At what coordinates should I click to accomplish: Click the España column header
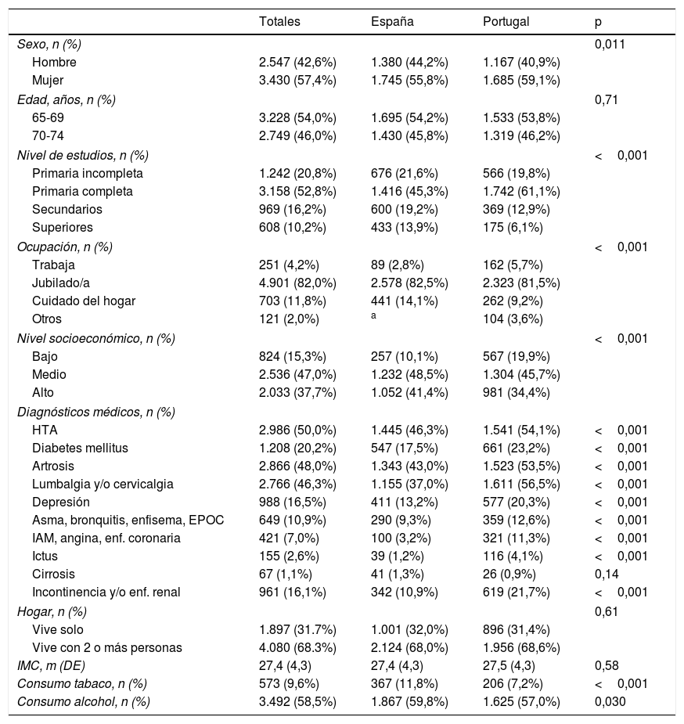392,22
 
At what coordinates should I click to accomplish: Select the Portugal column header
506,22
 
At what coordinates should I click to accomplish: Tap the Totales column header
279,22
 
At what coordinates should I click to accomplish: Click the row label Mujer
47,80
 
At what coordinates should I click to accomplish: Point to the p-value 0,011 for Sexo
610,44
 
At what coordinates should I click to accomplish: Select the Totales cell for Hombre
297,62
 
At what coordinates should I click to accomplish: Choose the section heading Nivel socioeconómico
96,338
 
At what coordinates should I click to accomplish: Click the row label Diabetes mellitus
80,448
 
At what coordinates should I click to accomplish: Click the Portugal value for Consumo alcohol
522,702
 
